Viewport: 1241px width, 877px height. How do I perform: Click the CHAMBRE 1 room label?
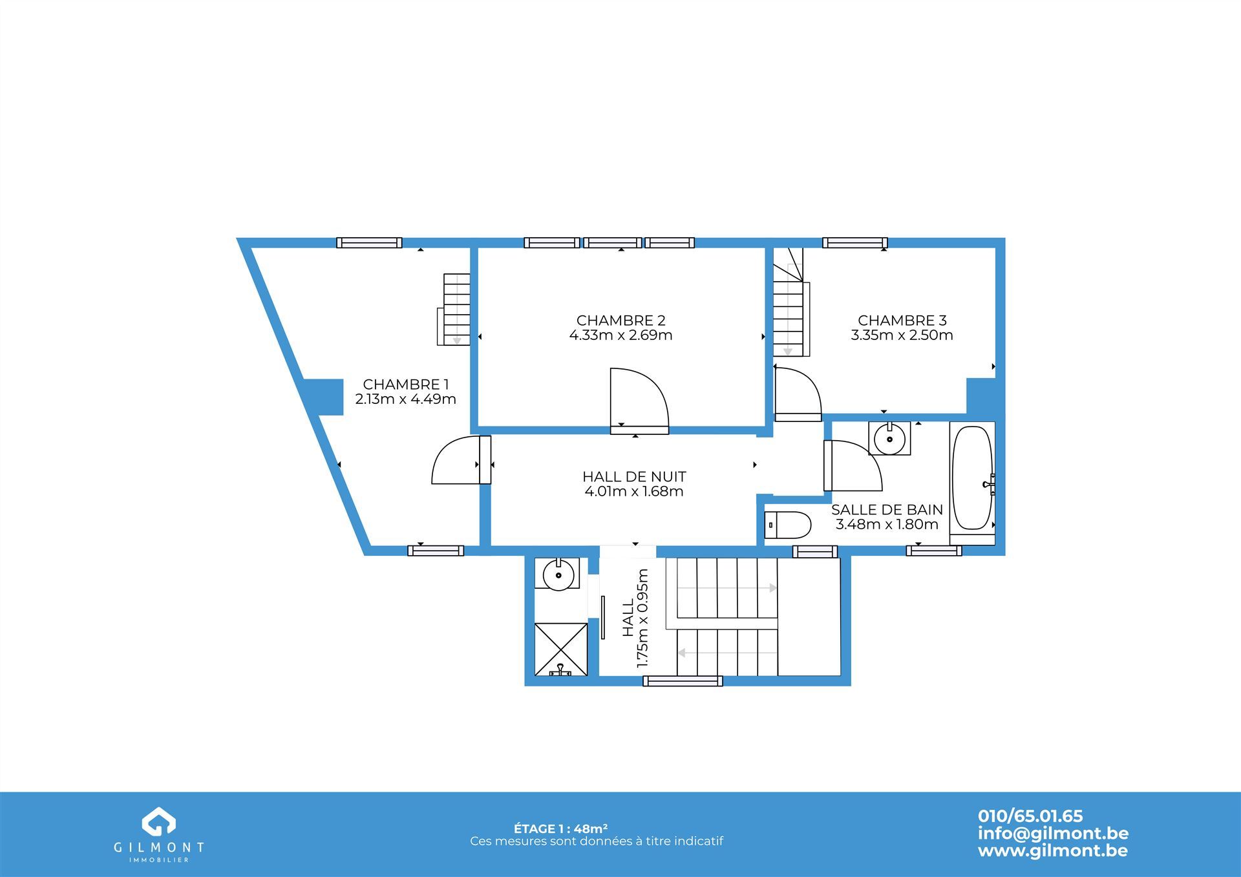coord(405,385)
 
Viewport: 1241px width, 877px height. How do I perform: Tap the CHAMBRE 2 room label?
coord(620,321)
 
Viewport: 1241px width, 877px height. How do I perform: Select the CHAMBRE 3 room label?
coord(902,321)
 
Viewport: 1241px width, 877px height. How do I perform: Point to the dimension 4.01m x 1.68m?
coord(634,492)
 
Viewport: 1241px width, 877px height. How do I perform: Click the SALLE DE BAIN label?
coord(887,510)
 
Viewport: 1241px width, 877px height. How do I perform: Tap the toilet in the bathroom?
coord(787,525)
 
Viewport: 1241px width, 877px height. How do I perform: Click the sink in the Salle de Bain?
coord(889,438)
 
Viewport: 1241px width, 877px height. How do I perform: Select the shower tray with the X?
coord(561,650)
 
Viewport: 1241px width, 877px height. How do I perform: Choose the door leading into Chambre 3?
coord(798,394)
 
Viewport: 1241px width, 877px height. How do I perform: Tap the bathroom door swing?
coord(853,465)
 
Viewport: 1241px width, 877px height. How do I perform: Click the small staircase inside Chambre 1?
coord(455,310)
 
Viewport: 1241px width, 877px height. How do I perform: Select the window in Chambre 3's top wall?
coord(854,243)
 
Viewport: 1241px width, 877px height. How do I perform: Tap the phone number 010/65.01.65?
coord(1030,816)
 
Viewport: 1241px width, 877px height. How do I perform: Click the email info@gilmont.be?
coord(1053,834)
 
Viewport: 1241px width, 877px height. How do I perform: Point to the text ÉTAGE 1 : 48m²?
coord(561,829)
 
